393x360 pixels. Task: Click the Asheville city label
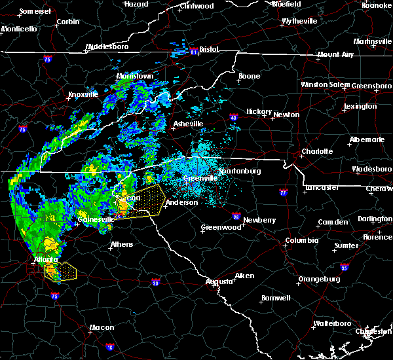[x=188, y=124]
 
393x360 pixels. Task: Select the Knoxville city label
[x=83, y=94]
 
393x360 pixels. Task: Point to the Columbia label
[x=301, y=240]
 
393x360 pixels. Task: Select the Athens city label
[x=122, y=244]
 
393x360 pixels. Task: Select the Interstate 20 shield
[x=155, y=282]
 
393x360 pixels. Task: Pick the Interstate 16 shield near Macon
[x=110, y=347]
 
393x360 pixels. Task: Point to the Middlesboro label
[x=108, y=47]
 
